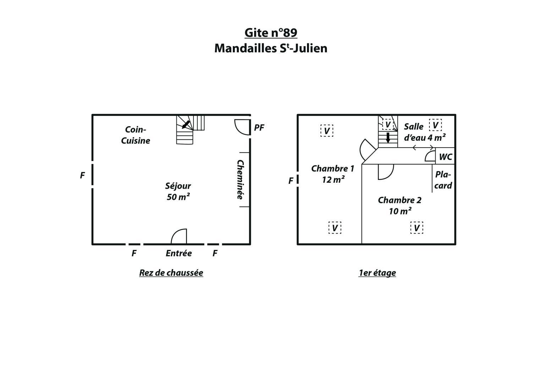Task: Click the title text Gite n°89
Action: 271,32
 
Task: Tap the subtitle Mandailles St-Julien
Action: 271,48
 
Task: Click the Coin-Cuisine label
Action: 136,135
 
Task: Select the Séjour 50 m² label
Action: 178,191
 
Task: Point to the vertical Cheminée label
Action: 240,180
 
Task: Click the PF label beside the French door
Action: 259,128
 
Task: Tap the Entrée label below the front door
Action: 179,253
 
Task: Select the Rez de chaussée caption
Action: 171,273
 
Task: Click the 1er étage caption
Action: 377,273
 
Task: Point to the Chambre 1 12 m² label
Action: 333,174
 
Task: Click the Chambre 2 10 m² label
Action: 400,206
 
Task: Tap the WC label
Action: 445,157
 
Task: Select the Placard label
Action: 443,180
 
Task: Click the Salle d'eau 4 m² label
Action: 425,132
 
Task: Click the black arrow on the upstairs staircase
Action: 388,138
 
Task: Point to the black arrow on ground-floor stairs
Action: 186,124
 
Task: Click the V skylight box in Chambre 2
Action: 417,228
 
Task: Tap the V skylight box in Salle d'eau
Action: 435,125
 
